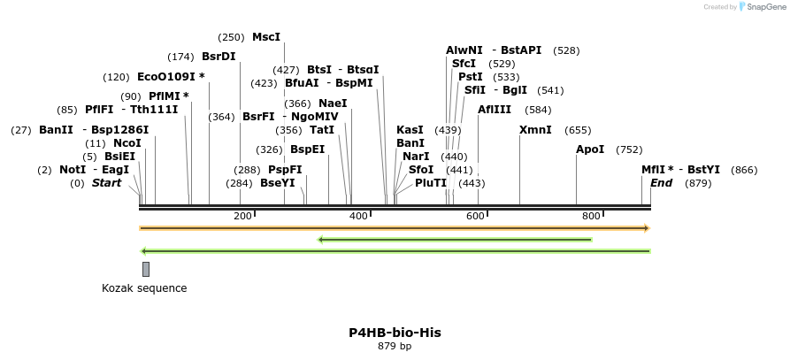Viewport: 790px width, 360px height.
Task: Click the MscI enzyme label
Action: click(265, 37)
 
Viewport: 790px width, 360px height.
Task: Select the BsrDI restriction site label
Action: click(219, 57)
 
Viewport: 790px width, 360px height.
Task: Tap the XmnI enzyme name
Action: click(535, 130)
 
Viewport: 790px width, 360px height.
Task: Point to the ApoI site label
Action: click(590, 149)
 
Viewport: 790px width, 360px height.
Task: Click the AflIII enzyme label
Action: click(495, 110)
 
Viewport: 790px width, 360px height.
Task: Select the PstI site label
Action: click(470, 77)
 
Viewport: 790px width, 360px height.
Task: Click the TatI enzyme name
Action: click(322, 130)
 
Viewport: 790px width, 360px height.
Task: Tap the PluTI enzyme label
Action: click(431, 183)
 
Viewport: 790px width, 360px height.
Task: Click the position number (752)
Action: click(629, 149)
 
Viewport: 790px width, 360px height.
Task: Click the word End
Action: click(661, 183)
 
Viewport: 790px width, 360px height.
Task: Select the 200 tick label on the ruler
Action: click(242, 217)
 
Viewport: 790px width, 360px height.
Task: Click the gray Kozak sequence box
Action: click(146, 269)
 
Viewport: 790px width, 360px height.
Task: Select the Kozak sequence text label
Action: click(144, 288)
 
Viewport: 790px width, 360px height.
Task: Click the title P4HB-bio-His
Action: click(395, 333)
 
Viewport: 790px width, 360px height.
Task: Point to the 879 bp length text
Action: click(395, 346)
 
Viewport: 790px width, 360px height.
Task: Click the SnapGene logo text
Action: click(765, 6)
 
